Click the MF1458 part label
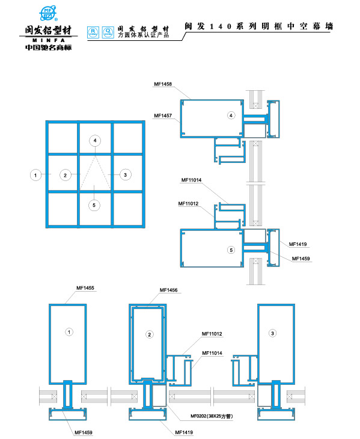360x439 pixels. pos(163,84)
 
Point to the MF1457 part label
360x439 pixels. pos(163,115)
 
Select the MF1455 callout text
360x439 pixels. pos(85,288)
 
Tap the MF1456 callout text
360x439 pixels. pos(168,290)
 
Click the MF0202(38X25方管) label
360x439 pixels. pos(212,416)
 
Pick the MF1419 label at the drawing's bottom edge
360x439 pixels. pos(184,432)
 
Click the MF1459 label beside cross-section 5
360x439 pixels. pos(301,259)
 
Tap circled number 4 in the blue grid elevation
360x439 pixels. pos(95,141)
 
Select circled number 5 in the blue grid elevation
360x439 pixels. pos(94,205)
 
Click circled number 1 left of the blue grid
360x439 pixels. pos(35,175)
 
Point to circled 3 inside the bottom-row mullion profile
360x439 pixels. pos(272,333)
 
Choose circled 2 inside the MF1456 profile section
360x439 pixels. pos(150,334)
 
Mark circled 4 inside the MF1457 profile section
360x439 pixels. pos(231,115)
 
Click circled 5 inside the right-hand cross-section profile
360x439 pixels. pos(231,250)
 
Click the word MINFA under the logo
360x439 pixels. pos(49,40)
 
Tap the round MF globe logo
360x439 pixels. pos(49,13)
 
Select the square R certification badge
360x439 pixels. pos(93,32)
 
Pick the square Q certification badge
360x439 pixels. pos(108,32)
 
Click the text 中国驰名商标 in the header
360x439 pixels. pos(49,48)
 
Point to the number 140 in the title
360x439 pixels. pos(221,26)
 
